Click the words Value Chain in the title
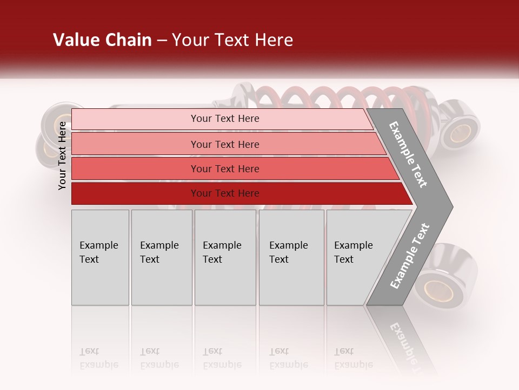point(102,40)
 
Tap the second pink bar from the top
point(224,144)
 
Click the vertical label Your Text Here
point(62,155)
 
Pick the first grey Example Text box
point(100,257)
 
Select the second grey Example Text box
point(162,257)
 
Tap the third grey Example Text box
point(225,257)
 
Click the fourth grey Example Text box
point(291,257)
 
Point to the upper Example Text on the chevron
point(408,154)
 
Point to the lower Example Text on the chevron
point(409,256)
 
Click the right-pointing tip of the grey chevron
point(450,206)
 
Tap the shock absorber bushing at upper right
point(461,131)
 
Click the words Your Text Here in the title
point(232,40)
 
